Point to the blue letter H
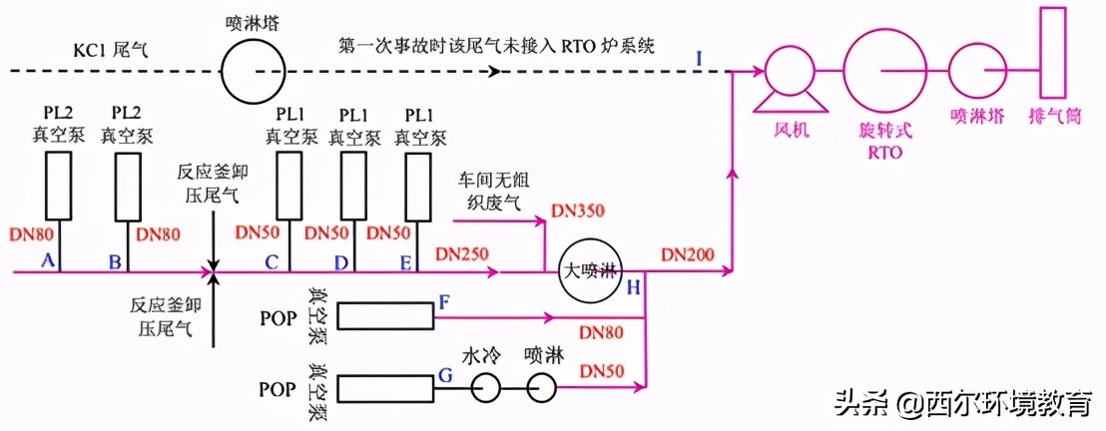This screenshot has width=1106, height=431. [x=633, y=288]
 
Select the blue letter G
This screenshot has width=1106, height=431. [x=445, y=376]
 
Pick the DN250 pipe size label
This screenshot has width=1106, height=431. [x=461, y=254]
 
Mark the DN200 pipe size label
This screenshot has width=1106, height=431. [x=687, y=254]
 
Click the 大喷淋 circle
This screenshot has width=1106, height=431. [x=590, y=270]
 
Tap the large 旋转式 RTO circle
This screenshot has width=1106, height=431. [x=879, y=71]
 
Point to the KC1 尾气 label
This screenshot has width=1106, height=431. [x=110, y=48]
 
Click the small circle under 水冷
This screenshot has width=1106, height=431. [x=486, y=388]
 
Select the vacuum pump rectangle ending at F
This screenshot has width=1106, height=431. [x=385, y=317]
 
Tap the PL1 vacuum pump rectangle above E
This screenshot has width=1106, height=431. [x=418, y=185]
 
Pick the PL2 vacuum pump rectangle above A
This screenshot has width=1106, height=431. [x=61, y=185]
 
